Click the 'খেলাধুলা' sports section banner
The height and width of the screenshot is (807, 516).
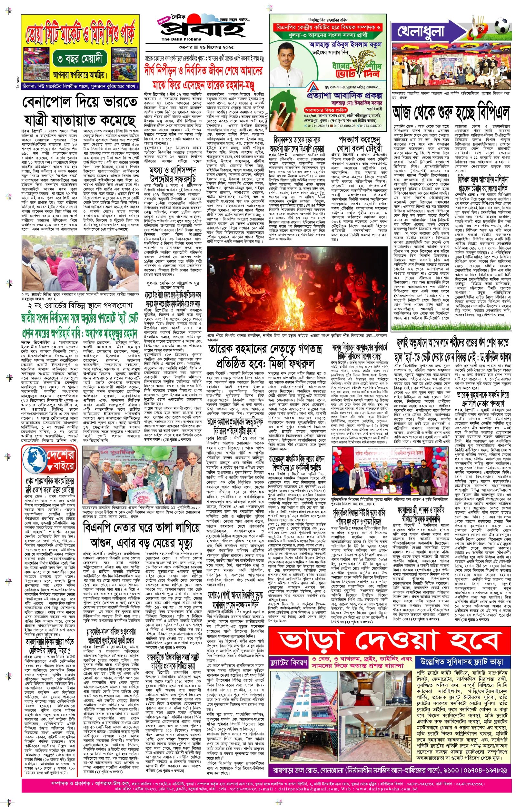tap(421, 32)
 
